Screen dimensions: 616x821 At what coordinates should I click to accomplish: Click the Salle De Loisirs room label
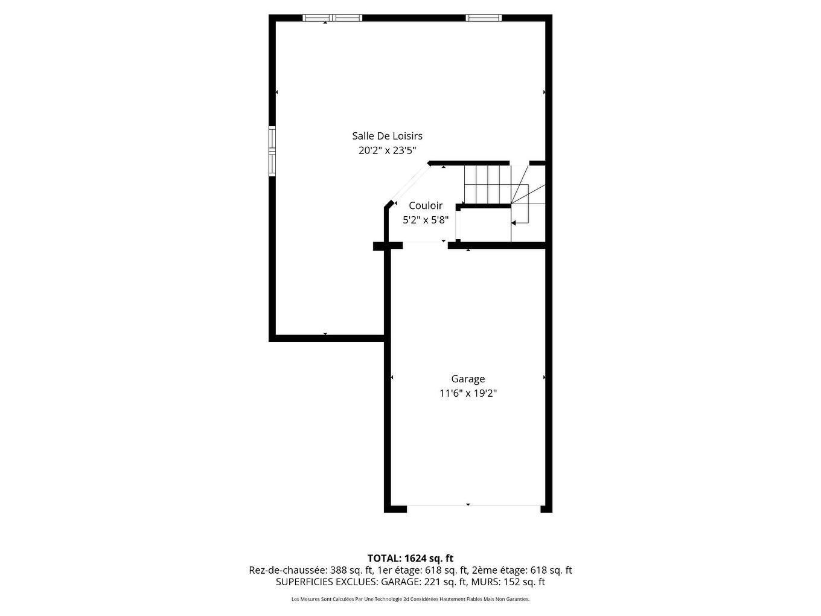pos(387,136)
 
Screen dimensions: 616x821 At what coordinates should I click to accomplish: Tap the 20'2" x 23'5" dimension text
pos(387,150)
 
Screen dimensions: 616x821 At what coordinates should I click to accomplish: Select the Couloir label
pos(426,206)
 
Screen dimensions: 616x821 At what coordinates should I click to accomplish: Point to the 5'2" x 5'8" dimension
pos(426,220)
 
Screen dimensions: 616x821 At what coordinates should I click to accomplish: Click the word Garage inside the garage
pos(468,379)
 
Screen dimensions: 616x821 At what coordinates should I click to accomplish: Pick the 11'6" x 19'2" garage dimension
pos(468,394)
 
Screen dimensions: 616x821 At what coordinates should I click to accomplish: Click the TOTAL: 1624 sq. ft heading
pos(410,558)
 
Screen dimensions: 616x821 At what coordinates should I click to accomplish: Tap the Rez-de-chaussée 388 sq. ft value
pos(310,570)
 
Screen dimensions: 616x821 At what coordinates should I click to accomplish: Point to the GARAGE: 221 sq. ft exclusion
pos(423,582)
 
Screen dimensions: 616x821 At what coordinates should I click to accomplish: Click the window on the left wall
pos(272,151)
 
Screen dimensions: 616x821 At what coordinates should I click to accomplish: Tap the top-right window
pos(484,18)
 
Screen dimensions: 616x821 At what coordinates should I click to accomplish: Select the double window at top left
pos(332,18)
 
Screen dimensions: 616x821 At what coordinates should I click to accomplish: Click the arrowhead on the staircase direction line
pos(513,223)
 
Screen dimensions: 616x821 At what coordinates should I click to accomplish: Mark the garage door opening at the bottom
pos(474,506)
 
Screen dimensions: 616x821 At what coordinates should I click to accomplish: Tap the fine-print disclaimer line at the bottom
pos(410,599)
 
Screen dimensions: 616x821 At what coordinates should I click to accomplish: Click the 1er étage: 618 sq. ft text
pos(423,570)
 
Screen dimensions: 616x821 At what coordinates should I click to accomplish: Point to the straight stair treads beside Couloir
pos(487,184)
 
